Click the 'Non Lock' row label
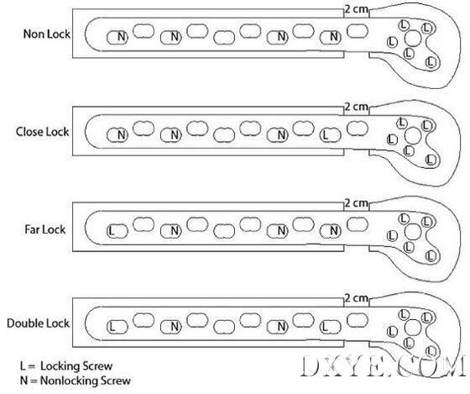pyautogui.click(x=47, y=34)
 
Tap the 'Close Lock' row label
pyautogui.click(x=43, y=132)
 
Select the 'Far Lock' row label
pyautogui.click(x=45, y=229)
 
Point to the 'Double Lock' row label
pyautogui.click(x=38, y=323)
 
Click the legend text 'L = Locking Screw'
pyautogui.click(x=66, y=366)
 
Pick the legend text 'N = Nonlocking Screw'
pyautogui.click(x=76, y=381)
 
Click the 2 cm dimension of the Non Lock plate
pyautogui.click(x=356, y=9)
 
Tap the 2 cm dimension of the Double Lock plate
pyautogui.click(x=356, y=298)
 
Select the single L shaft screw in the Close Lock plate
pyautogui.click(x=331, y=135)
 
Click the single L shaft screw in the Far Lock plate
pyautogui.click(x=117, y=231)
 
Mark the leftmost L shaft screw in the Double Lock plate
pyautogui.click(x=117, y=327)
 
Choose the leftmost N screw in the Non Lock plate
pyautogui.click(x=117, y=37)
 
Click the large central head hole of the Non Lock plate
pyautogui.click(x=413, y=39)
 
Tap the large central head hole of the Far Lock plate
pyautogui.click(x=413, y=232)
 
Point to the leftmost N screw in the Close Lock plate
pyautogui.click(x=117, y=135)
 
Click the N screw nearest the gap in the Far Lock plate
pyautogui.click(x=331, y=231)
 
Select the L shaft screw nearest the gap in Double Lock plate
pyautogui.click(x=331, y=327)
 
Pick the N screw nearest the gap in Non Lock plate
pyautogui.click(x=331, y=37)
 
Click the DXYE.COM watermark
pyautogui.click(x=383, y=365)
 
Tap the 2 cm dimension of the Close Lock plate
pyautogui.click(x=356, y=107)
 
